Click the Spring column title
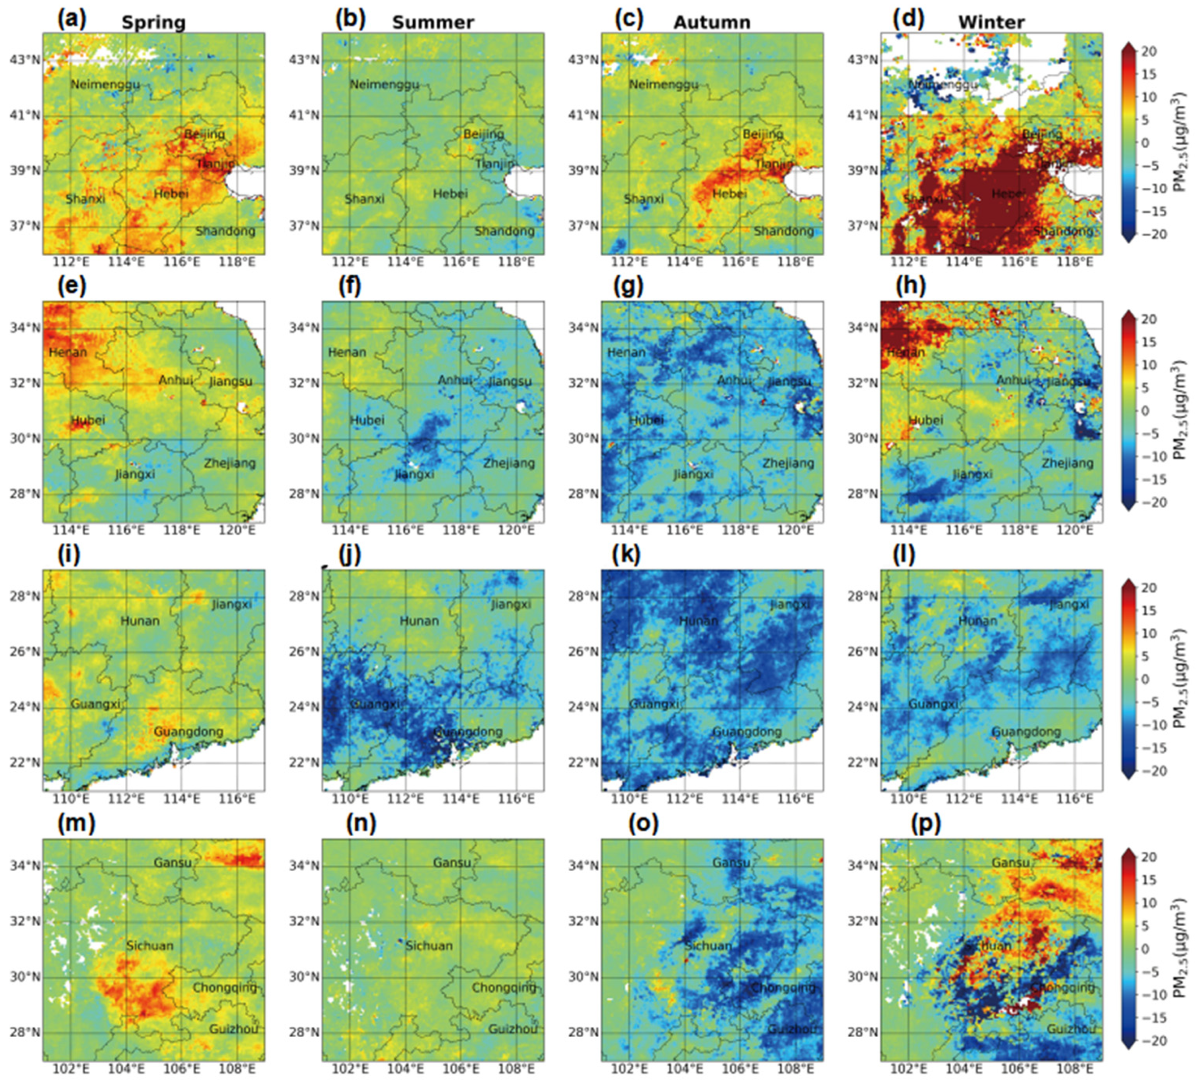153,22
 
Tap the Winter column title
991,22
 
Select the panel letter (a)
71,20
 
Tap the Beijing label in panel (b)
483,134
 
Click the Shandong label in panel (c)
783,231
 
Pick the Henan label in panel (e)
68,352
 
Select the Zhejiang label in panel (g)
788,463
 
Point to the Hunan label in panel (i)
140,621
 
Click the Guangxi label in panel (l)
933,704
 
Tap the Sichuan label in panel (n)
429,945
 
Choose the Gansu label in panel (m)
172,862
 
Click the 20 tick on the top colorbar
1148,51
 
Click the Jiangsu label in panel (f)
509,381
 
